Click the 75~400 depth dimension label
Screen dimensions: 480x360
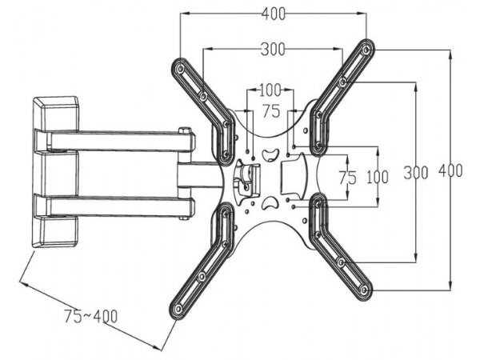coord(90,315)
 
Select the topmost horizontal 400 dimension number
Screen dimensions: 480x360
coord(273,14)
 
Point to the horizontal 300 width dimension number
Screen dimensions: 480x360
coord(273,50)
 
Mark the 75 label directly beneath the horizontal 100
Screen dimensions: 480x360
coord(271,111)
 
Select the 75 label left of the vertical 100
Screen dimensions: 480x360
coord(347,178)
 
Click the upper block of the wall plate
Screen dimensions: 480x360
coord(56,113)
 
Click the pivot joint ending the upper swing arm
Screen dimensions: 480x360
coord(186,141)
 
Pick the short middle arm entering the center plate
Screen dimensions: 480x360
coord(200,174)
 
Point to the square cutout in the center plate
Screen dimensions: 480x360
coord(291,175)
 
